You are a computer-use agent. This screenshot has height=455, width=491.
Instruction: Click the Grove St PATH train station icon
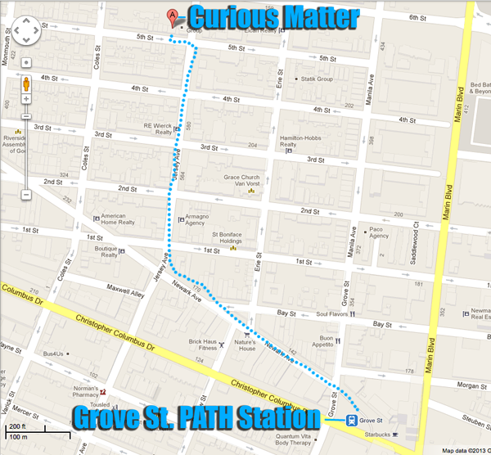[350, 421]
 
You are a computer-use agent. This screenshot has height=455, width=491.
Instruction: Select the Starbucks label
[375, 435]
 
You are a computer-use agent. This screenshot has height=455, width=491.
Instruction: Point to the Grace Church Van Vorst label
[241, 182]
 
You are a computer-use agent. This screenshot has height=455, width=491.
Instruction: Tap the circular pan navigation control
[26, 34]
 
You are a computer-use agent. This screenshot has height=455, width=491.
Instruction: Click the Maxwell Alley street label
[120, 287]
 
